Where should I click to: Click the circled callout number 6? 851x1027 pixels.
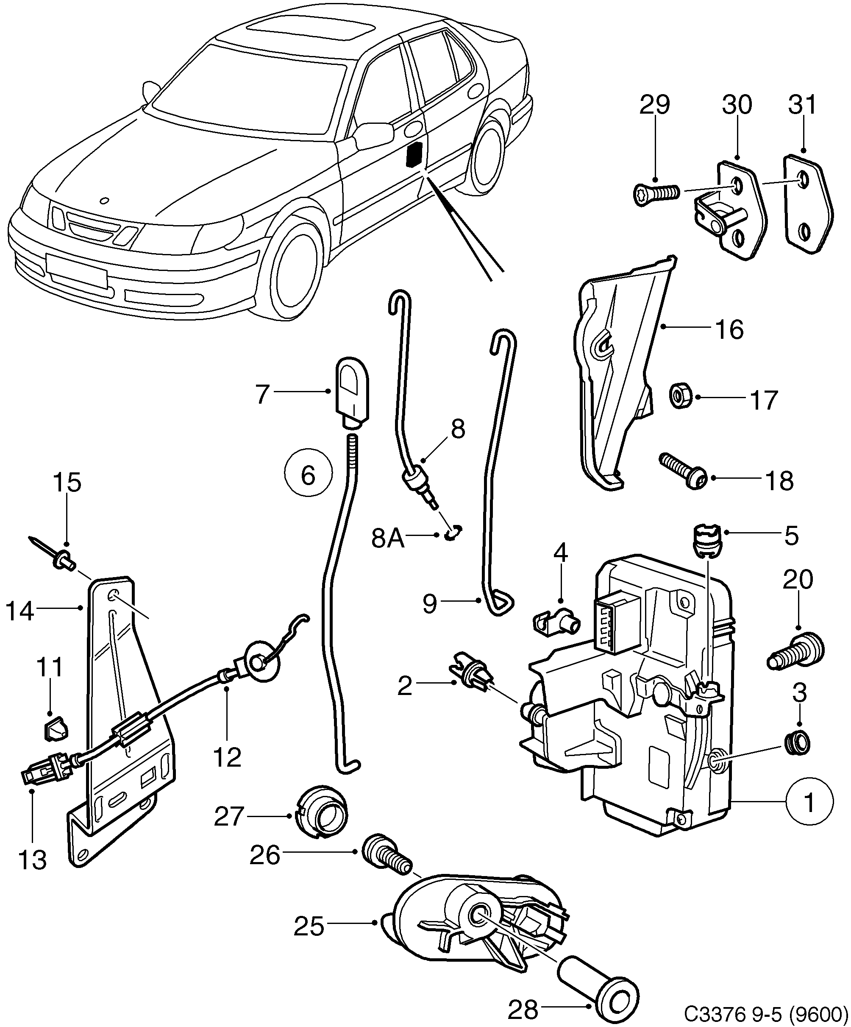pyautogui.click(x=309, y=474)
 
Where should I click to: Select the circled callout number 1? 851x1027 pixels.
pyautogui.click(x=809, y=803)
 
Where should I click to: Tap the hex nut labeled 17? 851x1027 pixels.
pyautogui.click(x=679, y=396)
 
